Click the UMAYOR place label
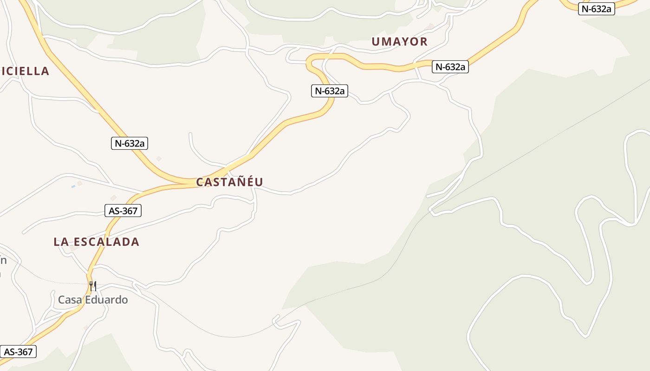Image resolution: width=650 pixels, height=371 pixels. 399,42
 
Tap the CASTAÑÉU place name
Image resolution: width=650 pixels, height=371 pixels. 229,182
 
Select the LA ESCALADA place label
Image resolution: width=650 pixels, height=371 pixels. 96,242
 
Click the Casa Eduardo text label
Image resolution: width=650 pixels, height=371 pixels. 92,300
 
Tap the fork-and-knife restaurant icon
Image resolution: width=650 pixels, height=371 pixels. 93,286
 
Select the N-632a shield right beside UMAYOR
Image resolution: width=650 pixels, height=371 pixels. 450,67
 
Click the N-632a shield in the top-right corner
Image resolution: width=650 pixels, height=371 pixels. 596,8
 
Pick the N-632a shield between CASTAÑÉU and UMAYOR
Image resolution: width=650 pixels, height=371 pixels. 329,91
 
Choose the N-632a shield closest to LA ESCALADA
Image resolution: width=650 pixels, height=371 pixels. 130,143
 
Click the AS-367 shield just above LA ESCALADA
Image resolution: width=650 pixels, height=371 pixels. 123,211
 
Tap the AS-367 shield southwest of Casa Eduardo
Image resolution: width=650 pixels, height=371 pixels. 18,352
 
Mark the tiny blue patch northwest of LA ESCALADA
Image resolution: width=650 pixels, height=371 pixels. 73,186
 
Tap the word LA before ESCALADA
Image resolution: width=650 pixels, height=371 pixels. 60,242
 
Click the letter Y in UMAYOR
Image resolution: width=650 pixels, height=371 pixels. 401,42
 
